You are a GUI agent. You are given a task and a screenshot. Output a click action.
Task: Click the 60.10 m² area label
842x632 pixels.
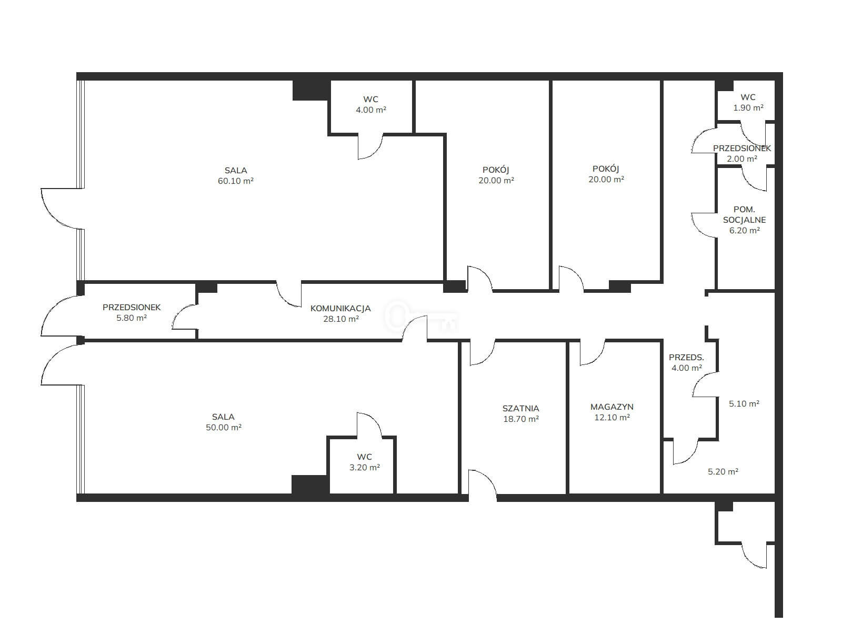(236, 181)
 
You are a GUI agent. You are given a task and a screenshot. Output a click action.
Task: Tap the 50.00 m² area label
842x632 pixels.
(223, 427)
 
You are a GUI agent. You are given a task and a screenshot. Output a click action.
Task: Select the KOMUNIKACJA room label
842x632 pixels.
(340, 308)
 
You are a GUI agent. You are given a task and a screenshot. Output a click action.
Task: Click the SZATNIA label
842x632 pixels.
(520, 408)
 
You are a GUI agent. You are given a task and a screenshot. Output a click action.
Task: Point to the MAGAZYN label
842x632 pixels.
(612, 407)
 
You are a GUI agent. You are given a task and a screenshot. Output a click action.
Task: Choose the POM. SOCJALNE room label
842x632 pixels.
(744, 214)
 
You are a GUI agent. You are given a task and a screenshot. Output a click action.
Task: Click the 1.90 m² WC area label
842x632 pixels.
(748, 108)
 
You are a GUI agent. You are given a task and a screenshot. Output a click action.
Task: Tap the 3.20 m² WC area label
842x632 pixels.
(364, 467)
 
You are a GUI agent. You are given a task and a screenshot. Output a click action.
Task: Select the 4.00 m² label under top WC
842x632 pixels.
(370, 110)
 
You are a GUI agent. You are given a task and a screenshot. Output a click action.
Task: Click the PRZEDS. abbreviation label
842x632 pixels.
(686, 357)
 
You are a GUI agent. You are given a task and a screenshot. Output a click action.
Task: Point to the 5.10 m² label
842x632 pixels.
(744, 403)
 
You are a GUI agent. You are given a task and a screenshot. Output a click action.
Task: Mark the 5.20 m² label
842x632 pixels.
(723, 471)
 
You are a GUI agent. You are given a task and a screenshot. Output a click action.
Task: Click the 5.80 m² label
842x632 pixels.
(132, 318)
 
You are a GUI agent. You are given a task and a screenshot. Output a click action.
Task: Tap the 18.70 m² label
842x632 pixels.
(521, 419)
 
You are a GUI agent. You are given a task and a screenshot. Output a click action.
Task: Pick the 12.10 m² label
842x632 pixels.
(612, 418)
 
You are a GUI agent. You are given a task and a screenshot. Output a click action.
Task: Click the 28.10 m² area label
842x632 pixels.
(340, 319)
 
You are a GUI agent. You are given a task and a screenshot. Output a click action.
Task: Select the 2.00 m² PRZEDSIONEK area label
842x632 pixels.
(742, 159)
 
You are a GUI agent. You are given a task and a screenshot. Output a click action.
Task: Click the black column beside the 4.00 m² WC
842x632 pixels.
(311, 90)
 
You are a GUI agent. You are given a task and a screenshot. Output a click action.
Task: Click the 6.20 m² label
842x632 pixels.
(744, 231)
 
